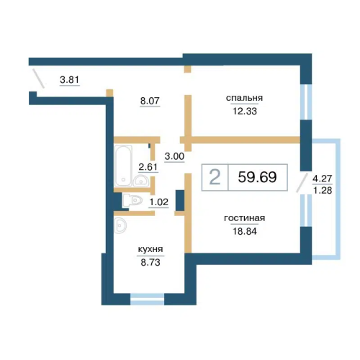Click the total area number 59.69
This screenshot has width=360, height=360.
[257, 177]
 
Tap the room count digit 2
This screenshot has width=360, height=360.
[215, 177]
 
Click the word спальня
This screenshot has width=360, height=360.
[244, 98]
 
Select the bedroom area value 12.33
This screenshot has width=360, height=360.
[245, 111]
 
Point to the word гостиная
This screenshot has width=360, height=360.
[244, 218]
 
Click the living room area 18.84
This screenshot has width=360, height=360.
[245, 231]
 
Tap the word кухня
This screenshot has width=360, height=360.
[150, 249]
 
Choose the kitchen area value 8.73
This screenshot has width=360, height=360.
[150, 262]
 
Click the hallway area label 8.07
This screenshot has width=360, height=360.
[150, 101]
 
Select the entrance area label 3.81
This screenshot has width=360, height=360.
[70, 79]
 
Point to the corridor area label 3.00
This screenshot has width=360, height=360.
[174, 156]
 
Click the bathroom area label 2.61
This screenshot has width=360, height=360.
[148, 167]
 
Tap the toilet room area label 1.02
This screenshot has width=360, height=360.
[158, 202]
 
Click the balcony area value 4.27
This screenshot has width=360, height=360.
[323, 179]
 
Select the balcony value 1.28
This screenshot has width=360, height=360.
[323, 190]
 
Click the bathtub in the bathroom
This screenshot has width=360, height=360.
[123, 166]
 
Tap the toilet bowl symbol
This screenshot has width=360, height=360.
[132, 201]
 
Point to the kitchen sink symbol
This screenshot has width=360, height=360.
[120, 225]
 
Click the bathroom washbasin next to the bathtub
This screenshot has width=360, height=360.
[141, 181]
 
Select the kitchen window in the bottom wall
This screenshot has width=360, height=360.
[147, 299]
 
